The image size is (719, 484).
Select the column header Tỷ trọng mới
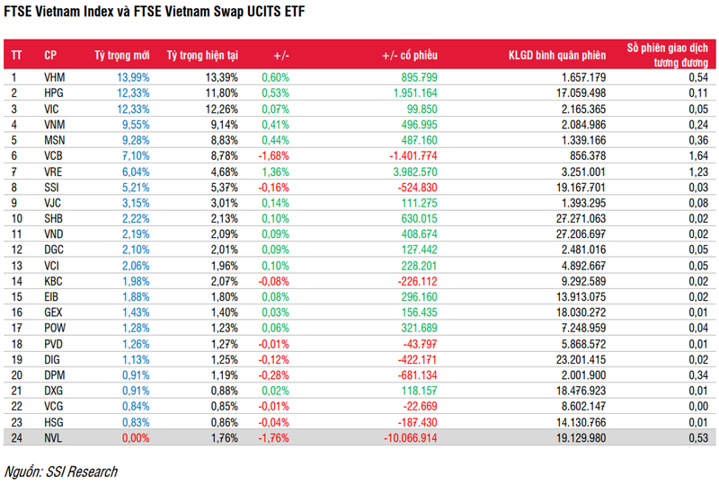[x=122, y=55]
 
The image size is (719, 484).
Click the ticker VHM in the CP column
[x=54, y=78]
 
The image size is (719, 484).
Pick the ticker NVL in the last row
[x=54, y=437]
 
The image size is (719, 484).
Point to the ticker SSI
[x=52, y=188]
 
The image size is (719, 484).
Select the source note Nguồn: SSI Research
[x=61, y=471]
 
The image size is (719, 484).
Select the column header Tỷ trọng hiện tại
[x=202, y=55]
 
